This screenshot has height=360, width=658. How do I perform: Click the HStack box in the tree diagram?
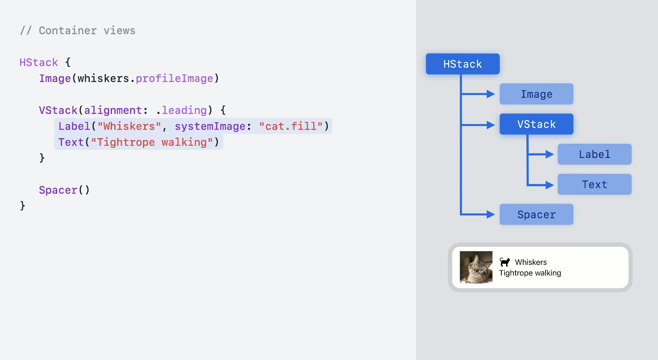[x=462, y=64]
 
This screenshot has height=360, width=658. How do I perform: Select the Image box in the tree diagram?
[x=536, y=94]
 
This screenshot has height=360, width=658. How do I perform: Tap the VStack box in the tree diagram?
[x=536, y=124]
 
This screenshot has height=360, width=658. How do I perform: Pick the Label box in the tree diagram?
[x=594, y=154]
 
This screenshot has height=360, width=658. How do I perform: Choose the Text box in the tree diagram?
[x=594, y=184]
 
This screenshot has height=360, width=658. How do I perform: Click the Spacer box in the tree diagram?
[x=536, y=214]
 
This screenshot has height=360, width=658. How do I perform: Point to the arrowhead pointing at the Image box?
[x=490, y=94]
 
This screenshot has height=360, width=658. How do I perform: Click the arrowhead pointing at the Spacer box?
[x=490, y=214]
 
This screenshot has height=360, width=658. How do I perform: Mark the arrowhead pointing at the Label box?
[x=549, y=154]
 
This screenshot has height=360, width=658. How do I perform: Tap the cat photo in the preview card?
[x=476, y=267]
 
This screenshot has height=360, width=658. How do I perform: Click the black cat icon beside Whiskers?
[x=505, y=262]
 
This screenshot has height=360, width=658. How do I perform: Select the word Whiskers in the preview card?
[x=531, y=262]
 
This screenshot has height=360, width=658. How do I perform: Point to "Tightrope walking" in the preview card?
[x=530, y=273]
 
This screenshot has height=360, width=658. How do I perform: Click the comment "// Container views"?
[x=77, y=31]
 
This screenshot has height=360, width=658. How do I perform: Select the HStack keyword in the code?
[x=39, y=62]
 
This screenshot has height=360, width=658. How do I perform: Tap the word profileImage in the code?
[x=174, y=79]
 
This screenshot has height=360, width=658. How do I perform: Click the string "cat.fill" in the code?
[x=291, y=126]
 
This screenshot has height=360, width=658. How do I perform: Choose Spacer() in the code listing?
[x=64, y=190]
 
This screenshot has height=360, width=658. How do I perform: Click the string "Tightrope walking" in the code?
[x=152, y=142]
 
